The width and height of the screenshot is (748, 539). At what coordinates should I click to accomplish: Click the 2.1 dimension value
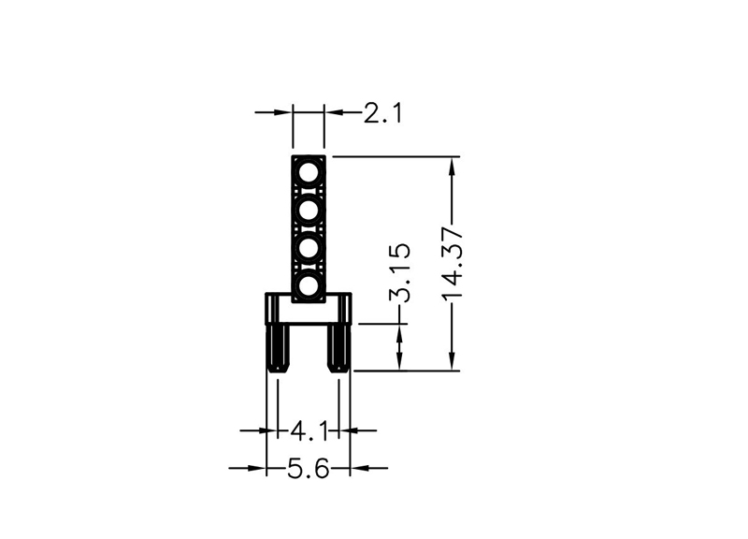click(x=382, y=113)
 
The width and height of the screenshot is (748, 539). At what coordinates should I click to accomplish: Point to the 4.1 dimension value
click(x=309, y=432)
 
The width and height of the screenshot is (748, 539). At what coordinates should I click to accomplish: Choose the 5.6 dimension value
click(x=309, y=468)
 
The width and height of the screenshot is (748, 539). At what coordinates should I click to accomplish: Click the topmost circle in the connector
click(x=309, y=172)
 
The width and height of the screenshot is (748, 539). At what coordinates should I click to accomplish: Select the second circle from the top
click(x=309, y=211)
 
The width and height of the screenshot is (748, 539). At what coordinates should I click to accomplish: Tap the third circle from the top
click(x=309, y=248)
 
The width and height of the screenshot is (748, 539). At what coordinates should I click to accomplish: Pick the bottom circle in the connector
click(x=309, y=286)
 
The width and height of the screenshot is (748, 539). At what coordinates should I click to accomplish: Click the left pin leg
click(x=278, y=348)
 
